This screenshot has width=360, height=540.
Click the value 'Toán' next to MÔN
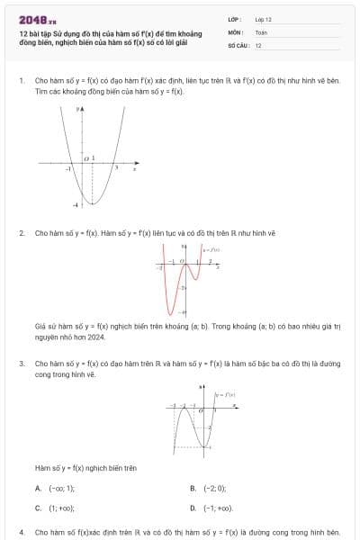(261, 31)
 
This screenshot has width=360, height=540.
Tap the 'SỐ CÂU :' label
(237, 44)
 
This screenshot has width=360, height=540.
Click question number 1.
(21, 80)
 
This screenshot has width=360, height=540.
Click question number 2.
(21, 232)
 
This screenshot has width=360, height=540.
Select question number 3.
(21, 364)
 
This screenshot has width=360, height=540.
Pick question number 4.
(21, 532)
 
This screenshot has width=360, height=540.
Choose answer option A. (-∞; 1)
(56, 488)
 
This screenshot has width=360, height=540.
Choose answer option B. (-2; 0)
(209, 488)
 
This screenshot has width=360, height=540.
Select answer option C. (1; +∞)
(56, 508)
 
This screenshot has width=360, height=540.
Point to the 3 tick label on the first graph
(115, 168)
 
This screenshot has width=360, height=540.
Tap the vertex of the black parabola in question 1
(85, 204)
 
